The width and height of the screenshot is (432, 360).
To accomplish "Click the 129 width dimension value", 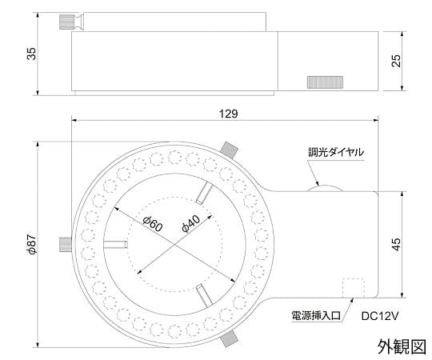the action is click(228, 114).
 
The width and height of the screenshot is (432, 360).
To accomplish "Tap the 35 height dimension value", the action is click(31, 54).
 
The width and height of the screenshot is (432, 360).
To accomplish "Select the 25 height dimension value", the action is click(396, 61).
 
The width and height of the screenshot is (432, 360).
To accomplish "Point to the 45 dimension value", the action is click(396, 244).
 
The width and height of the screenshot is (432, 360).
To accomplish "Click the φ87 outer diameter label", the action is click(32, 244).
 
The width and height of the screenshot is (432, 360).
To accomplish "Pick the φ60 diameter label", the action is click(153, 224).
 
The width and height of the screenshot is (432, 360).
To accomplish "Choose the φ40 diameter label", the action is click(191, 223).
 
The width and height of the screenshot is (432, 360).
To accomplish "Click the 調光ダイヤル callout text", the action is click(336, 152).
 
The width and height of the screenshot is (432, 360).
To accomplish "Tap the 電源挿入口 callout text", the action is click(316, 316).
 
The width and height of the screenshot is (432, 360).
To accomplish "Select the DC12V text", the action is click(380, 316).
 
